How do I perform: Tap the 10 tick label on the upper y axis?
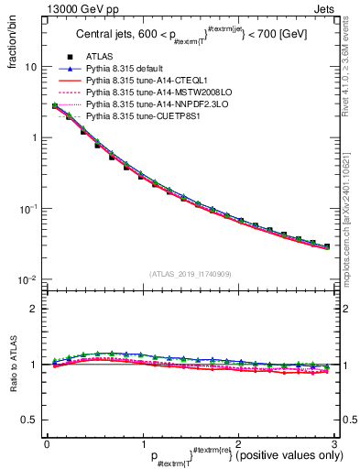(31, 67)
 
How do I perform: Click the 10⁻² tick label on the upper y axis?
(29, 278)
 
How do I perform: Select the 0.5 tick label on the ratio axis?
(29, 420)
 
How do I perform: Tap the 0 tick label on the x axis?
(47, 443)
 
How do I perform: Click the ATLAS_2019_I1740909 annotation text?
(191, 274)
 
